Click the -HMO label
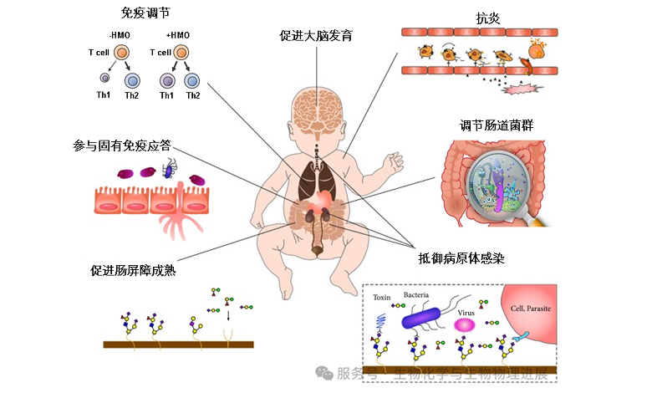pyautogui.click(x=120, y=35)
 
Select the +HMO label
pyautogui.click(x=179, y=35)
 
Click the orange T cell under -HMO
pyautogui.click(x=122, y=53)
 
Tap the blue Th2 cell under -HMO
pyautogui.click(x=132, y=80)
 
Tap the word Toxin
pyautogui.click(x=381, y=298)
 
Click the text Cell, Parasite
pyautogui.click(x=530, y=308)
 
